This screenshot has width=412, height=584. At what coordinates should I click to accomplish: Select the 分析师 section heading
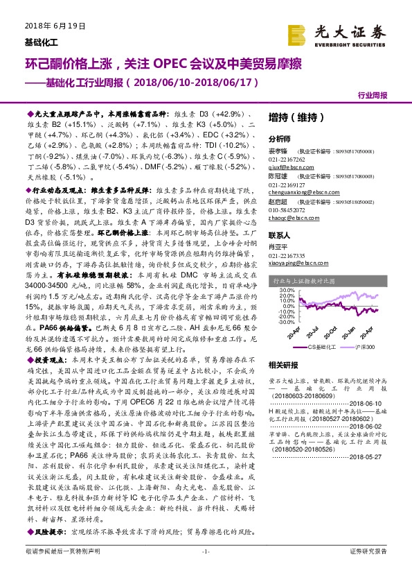tap(279, 139)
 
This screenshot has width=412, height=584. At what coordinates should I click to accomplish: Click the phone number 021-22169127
tap(287, 185)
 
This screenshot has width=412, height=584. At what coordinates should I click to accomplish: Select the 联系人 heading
tap(279, 236)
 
